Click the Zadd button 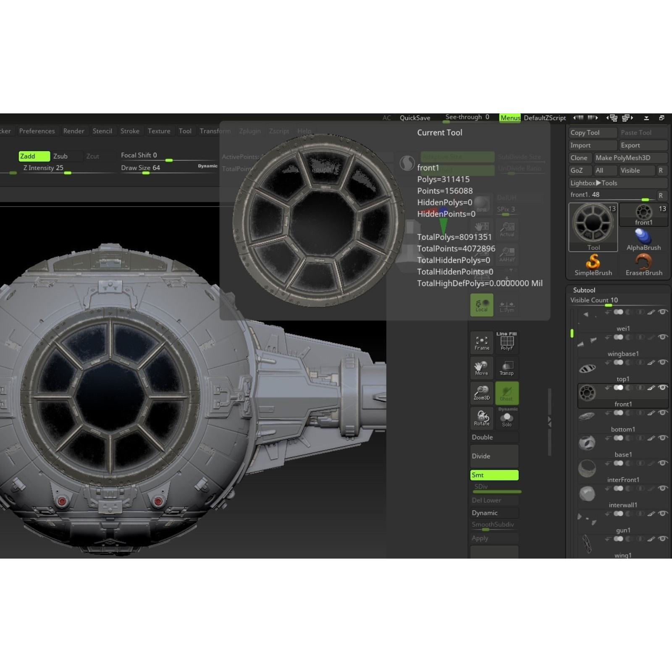click(34, 156)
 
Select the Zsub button click(60, 156)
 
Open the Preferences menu click(37, 131)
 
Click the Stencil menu click(102, 131)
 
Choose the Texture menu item click(159, 131)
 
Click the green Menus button click(510, 118)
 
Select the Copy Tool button click(593, 133)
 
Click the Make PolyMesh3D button click(630, 158)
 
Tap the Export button click(642, 145)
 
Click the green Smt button click(494, 475)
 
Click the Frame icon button click(482, 343)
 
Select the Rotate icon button click(482, 418)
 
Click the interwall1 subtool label click(623, 505)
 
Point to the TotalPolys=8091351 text click(454, 237)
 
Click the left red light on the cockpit click(62, 501)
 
